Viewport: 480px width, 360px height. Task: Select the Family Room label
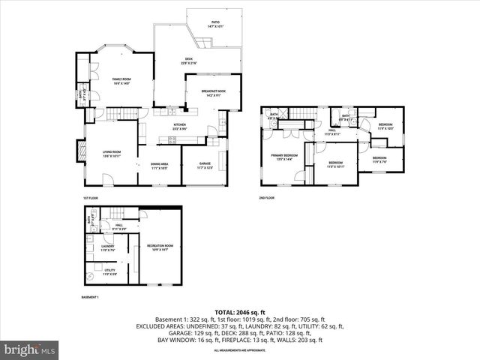pyautogui.click(x=121, y=80)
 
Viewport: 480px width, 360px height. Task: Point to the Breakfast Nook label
pyautogui.click(x=213, y=93)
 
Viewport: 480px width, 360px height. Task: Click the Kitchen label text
pyautogui.click(x=180, y=126)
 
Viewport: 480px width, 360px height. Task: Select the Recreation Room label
pyautogui.click(x=160, y=247)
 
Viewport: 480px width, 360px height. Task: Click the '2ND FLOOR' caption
pyautogui.click(x=267, y=199)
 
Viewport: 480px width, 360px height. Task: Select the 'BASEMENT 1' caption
pyautogui.click(x=90, y=298)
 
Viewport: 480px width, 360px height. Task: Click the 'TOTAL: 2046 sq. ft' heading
pyautogui.click(x=239, y=311)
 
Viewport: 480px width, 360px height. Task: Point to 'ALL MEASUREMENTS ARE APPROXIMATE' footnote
pyautogui.click(x=239, y=350)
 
